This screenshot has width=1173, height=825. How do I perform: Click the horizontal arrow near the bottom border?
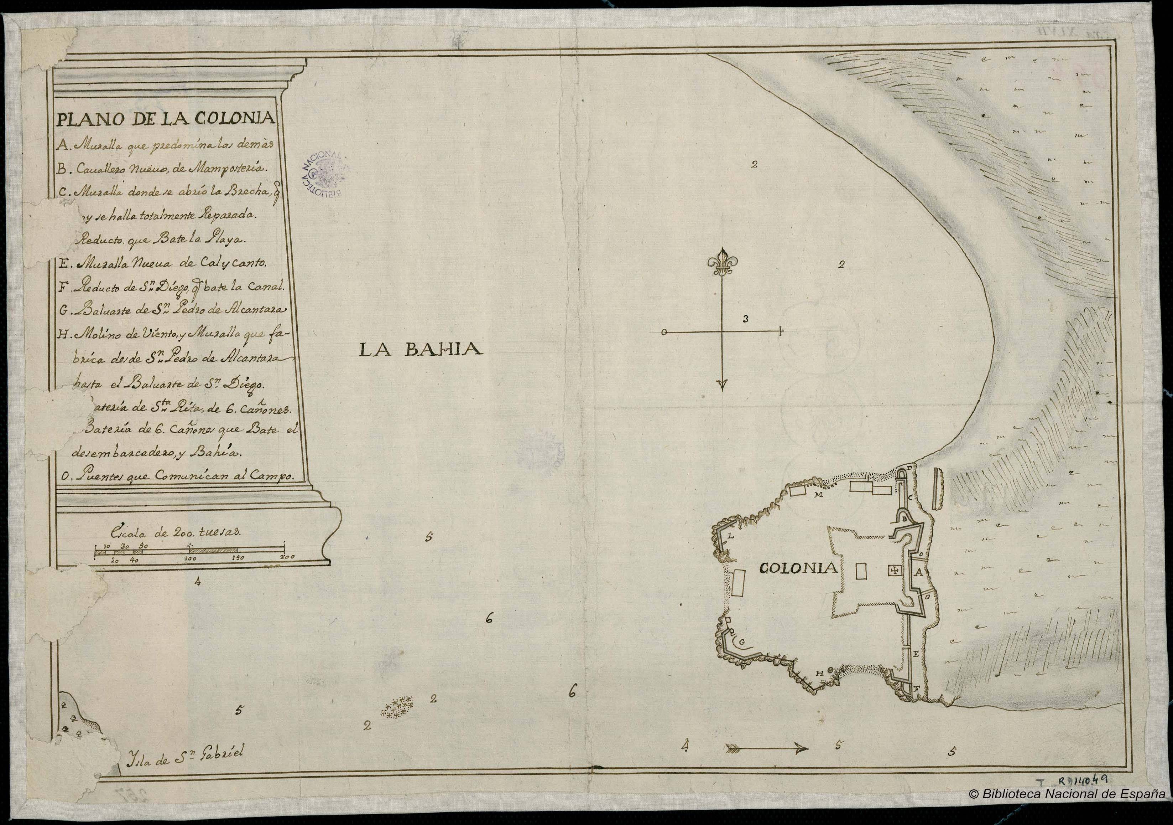click(x=766, y=749)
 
